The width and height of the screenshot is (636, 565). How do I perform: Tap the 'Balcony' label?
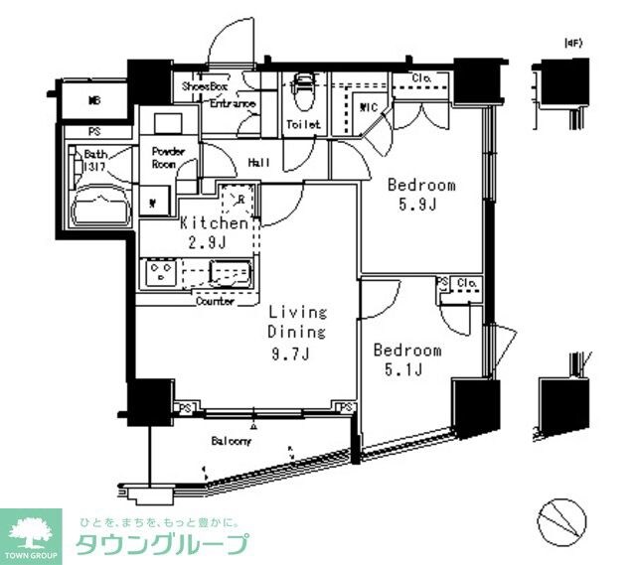pos(230,441)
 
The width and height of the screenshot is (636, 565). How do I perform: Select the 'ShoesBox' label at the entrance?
pos(204,87)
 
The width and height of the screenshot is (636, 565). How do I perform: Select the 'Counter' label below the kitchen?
pos(215,302)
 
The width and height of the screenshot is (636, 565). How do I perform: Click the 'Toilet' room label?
pos(303,125)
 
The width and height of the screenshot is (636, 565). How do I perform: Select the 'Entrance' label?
pos(233,104)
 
